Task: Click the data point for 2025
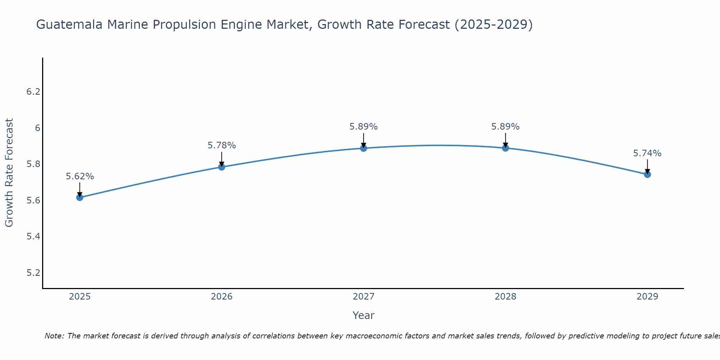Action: tap(80, 197)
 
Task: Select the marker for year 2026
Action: tap(222, 167)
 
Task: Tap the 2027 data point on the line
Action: tap(364, 148)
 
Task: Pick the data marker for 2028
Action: tap(505, 148)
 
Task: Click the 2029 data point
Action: tap(647, 175)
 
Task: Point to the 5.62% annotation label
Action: tap(80, 176)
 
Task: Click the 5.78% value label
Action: tap(222, 145)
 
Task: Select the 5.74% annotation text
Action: tap(647, 153)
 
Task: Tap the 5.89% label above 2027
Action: tap(364, 127)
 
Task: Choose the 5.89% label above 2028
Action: tap(505, 127)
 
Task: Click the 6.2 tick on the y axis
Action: tap(33, 92)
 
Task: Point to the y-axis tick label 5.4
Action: tap(33, 237)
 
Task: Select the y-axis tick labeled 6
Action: tap(37, 128)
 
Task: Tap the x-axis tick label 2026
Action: tap(222, 297)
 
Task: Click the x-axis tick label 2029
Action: tap(647, 297)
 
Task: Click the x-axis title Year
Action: tap(364, 315)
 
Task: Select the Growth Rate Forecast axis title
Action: tap(9, 173)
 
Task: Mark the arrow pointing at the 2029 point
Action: tap(647, 166)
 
